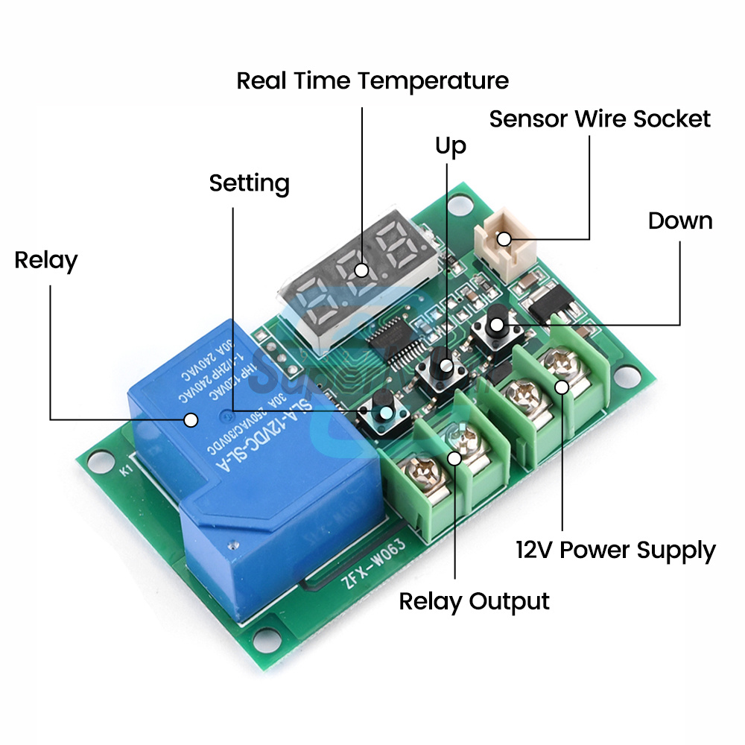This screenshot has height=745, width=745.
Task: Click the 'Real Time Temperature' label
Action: point(372,80)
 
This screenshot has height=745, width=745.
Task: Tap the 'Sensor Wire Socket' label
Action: point(600,119)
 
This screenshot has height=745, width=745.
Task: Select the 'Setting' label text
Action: point(249,183)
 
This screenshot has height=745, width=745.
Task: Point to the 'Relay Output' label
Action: point(474,601)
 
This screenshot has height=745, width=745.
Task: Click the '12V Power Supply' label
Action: point(615,551)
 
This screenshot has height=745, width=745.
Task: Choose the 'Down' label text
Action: point(679,221)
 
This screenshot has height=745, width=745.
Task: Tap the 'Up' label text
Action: point(450,147)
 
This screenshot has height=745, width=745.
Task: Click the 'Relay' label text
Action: point(45,261)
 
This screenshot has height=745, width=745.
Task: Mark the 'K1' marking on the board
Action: point(124,470)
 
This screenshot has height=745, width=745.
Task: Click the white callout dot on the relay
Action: point(191,419)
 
